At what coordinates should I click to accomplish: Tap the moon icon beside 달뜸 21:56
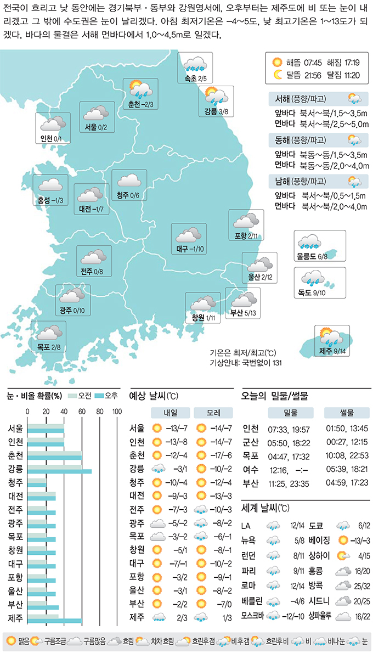click(x=277, y=74)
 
